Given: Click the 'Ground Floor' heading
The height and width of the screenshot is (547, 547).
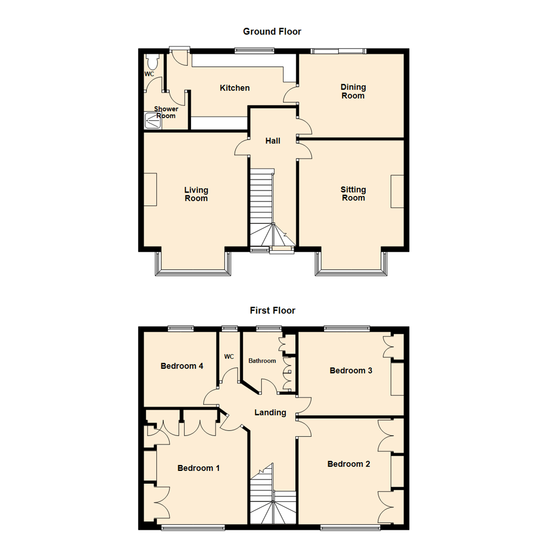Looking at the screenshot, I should tap(272, 32).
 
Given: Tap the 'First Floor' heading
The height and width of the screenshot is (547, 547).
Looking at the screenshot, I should tap(272, 310).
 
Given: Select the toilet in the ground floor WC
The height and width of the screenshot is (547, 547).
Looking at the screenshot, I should tap(152, 62).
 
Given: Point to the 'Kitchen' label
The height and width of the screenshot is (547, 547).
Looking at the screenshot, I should tap(235, 88).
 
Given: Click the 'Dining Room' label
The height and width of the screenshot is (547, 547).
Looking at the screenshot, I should tap(353, 92).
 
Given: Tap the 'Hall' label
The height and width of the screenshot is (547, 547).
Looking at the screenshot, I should tap(273, 141).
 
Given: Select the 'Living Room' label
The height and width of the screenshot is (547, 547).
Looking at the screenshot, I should tap(196, 194).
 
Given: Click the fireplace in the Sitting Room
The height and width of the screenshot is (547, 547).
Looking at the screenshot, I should tap(397, 191).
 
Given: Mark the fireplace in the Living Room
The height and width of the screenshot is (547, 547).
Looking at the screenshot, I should tap(150, 189).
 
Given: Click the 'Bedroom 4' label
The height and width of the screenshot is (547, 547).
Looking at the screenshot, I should tap(182, 366).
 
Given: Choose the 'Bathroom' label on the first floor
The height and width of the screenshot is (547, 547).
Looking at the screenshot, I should tap(262, 361).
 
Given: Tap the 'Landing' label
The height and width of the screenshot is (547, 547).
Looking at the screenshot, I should tap(270, 413).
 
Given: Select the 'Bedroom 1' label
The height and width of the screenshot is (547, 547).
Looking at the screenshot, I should tap(199, 468).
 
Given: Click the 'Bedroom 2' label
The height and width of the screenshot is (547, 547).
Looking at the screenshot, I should tap(348, 464).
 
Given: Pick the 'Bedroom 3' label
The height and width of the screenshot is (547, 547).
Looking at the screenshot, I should tap(351, 370).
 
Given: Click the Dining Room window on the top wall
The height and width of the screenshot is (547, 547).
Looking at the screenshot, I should tap(338, 51).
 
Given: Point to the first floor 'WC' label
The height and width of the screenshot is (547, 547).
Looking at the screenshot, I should tap(229, 357).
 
